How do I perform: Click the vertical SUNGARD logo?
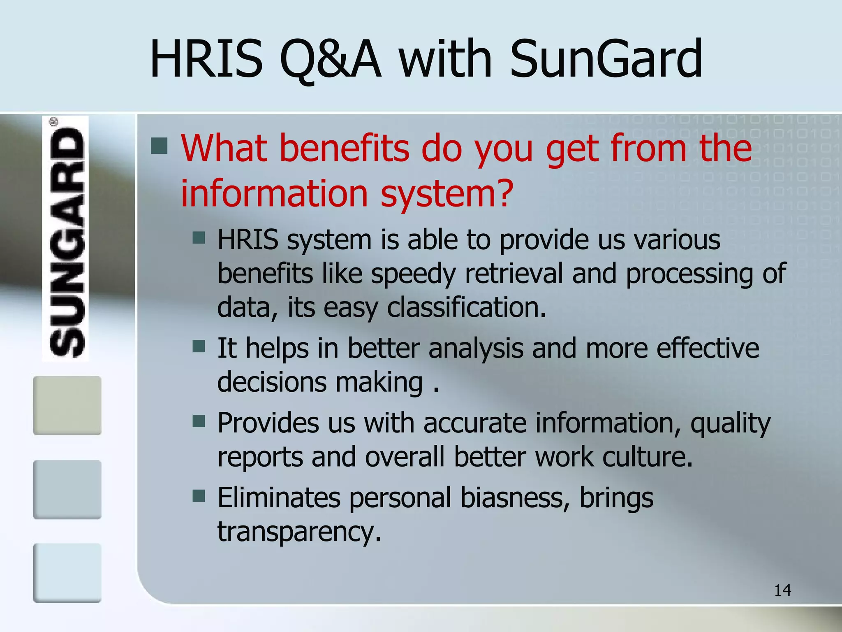pos(66,239)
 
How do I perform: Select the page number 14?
pos(782,590)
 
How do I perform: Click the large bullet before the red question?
pos(159,146)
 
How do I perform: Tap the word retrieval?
pos(514,273)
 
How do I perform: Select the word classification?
pos(466,308)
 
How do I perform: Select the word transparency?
pos(299,532)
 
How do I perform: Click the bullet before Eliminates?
pos(199,496)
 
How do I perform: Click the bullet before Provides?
pos(199,421)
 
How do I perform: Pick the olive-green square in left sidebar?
pos(67,405)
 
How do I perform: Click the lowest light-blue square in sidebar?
pos(67,573)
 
